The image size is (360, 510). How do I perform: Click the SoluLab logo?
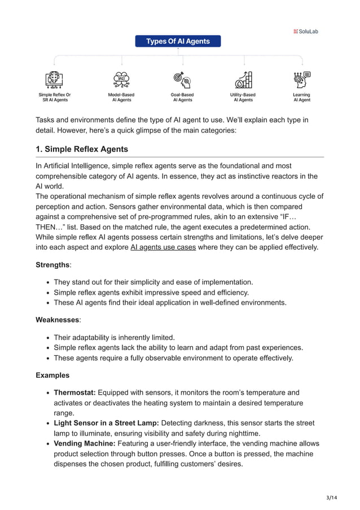(306, 32)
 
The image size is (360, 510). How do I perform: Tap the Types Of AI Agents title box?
(178, 41)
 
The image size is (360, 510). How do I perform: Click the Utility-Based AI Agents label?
(243, 97)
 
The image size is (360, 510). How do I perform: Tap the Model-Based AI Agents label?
(121, 97)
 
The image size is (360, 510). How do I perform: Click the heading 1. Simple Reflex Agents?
(82, 149)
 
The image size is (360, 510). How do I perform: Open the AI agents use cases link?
(163, 247)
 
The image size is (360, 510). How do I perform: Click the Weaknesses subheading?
(58, 320)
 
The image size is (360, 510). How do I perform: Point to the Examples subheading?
(52, 375)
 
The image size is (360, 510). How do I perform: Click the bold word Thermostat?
(74, 393)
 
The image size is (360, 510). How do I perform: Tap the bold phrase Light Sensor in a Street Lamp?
(106, 423)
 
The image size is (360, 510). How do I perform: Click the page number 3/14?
(340, 496)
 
